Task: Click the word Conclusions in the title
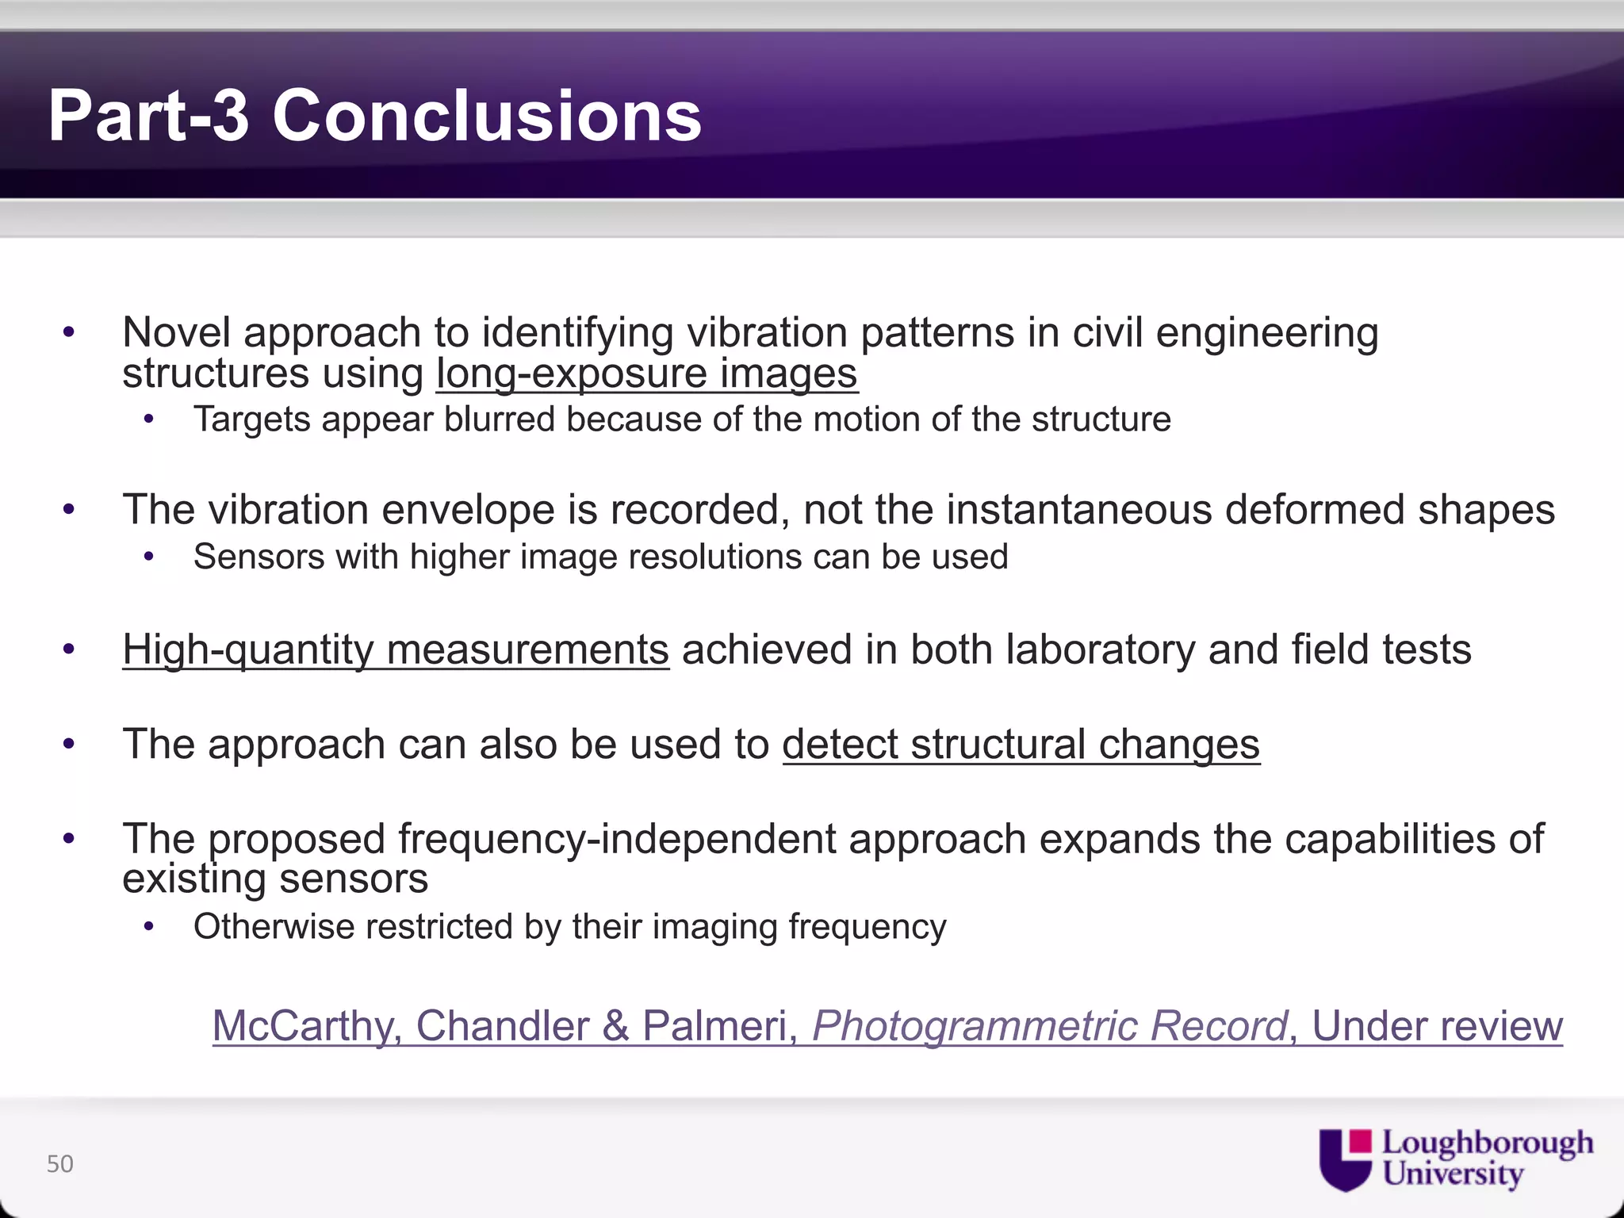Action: click(x=486, y=117)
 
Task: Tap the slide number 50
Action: click(x=60, y=1164)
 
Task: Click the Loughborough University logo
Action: click(x=1456, y=1159)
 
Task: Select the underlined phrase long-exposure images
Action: click(x=646, y=373)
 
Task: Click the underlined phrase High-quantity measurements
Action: click(x=395, y=649)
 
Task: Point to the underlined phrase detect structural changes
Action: click(x=1021, y=745)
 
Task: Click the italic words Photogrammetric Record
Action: click(x=1049, y=1026)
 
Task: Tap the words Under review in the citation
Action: click(x=1437, y=1026)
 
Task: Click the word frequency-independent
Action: click(x=616, y=839)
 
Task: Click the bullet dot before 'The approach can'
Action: click(x=69, y=745)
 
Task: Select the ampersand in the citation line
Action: click(x=615, y=1026)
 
